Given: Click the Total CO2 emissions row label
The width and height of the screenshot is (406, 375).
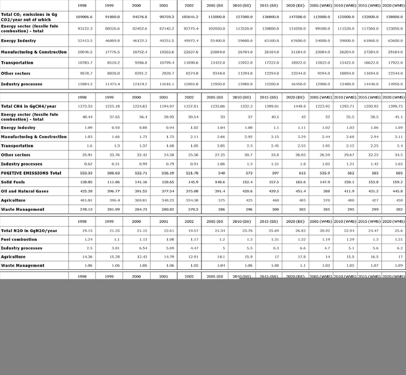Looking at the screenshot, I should pyautogui.click(x=29, y=16).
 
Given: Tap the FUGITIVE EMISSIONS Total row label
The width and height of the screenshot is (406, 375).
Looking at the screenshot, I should pyautogui.click(x=31, y=173).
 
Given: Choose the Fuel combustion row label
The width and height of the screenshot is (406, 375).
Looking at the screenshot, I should pyautogui.click(x=19, y=239).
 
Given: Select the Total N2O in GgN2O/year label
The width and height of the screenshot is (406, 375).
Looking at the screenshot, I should pyautogui.click(x=29, y=231).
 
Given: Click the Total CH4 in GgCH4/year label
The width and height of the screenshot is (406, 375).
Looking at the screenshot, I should pyautogui.click(x=29, y=106).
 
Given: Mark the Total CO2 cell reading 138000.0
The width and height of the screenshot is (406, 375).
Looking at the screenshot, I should pyautogui.click(x=392, y=16).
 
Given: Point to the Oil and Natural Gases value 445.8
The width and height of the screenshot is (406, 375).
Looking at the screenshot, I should pyautogui.click(x=392, y=191).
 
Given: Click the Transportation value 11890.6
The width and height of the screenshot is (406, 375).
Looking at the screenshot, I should pyautogui.click(x=189, y=63).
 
